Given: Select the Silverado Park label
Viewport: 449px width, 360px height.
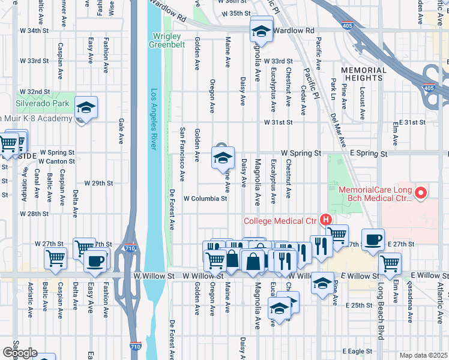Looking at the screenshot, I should click(40, 103).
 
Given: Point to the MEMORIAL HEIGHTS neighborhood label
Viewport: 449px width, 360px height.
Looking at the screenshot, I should click(364, 74).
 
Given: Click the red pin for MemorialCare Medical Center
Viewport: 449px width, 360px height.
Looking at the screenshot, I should click(421, 193).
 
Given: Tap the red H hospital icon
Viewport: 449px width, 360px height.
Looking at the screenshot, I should click(325, 220).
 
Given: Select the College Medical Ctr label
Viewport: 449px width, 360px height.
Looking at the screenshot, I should click(280, 221).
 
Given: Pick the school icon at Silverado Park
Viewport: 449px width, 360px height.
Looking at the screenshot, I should click(86, 108).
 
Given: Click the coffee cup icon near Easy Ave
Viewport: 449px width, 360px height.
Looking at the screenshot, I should click(95, 260).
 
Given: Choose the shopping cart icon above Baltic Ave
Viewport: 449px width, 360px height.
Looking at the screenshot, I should click(55, 258).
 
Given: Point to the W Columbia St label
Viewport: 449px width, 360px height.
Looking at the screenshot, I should click(205, 198).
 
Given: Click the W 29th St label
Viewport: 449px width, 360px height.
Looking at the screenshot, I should click(98, 182).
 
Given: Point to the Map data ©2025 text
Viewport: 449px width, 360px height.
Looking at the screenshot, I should click(423, 355).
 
